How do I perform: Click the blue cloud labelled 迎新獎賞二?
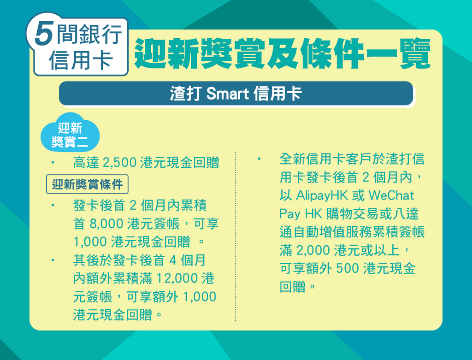pyautogui.click(x=70, y=133)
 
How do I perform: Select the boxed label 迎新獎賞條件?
pyautogui.click(x=87, y=184)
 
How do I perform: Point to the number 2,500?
pyautogui.click(x=120, y=163)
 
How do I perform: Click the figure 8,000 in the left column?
pyautogui.click(x=106, y=224)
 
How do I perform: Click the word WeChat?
pyautogui.click(x=391, y=195)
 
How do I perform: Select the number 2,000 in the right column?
pyautogui.click(x=313, y=250)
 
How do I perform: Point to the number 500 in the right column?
pyautogui.click(x=346, y=268)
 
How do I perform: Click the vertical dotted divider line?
pyautogui.click(x=236, y=236)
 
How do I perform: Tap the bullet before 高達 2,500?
pyautogui.click(x=53, y=163)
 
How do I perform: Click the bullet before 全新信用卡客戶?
pyautogui.click(x=259, y=159)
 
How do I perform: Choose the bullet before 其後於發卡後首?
pyautogui.click(x=53, y=260)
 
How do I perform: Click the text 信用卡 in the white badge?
pyautogui.click(x=81, y=60)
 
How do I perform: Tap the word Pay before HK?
pyautogui.click(x=289, y=214)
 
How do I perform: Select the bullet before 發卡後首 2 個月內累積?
pyautogui.click(x=53, y=206)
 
